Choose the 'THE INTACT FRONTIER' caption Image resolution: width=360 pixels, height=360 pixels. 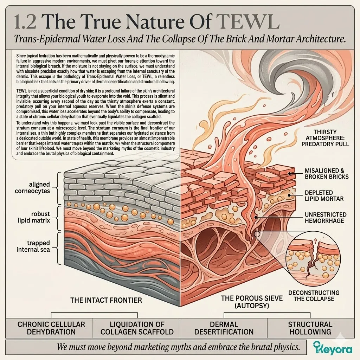[x=106, y=300]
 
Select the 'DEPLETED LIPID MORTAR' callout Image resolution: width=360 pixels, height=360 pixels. [x=324, y=195]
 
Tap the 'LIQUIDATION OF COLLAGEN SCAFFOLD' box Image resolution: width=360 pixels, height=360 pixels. [x=137, y=328]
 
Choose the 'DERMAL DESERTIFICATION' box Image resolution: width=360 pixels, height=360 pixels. [x=224, y=328]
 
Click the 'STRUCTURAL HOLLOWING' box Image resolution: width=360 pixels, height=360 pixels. [x=310, y=328]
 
